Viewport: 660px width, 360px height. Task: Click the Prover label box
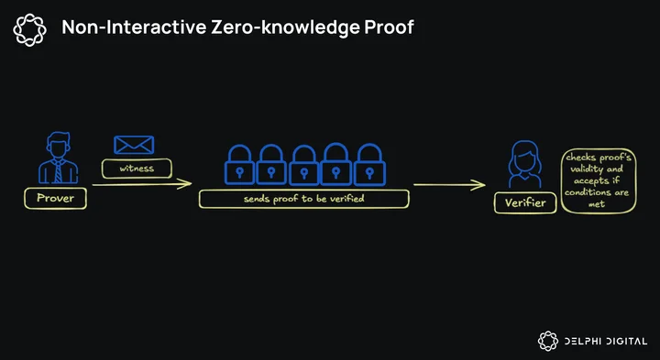(x=55, y=199)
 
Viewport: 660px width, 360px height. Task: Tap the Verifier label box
(x=525, y=202)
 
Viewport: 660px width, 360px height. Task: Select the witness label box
(x=137, y=169)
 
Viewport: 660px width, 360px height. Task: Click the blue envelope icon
(x=134, y=145)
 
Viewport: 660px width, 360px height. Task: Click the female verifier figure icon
(x=525, y=164)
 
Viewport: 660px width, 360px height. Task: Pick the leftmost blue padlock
(x=239, y=165)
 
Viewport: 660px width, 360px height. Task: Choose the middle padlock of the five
(x=304, y=165)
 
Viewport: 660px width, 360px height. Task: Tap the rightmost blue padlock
(x=369, y=165)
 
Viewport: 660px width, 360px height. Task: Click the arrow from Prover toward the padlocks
(x=142, y=184)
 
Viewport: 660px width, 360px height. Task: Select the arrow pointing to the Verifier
(x=449, y=185)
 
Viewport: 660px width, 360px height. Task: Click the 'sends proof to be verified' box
(x=304, y=199)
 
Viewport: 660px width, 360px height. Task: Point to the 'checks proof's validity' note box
(x=598, y=180)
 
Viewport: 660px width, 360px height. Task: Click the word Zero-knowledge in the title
(x=283, y=27)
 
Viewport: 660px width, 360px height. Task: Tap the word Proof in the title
(x=390, y=27)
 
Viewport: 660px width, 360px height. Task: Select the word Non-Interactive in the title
(x=134, y=27)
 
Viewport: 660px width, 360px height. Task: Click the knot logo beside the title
(x=29, y=29)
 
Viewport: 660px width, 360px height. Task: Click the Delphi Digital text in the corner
(x=606, y=341)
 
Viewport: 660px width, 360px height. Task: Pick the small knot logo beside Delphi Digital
(x=548, y=341)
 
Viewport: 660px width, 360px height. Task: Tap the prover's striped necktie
(x=58, y=171)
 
